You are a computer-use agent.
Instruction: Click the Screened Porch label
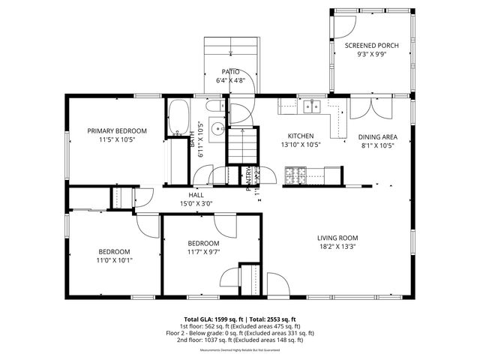[371, 46]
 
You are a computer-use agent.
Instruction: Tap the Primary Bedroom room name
[116, 130]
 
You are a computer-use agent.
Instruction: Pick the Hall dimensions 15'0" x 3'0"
[196, 204]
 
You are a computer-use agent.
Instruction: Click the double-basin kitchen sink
[313, 107]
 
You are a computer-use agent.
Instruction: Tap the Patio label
[230, 71]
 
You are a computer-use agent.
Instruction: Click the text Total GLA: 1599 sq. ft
[211, 318]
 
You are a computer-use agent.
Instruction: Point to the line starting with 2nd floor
[240, 340]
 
